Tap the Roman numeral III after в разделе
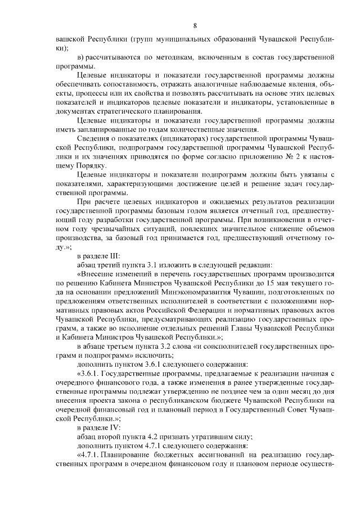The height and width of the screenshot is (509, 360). tap(112, 256)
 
